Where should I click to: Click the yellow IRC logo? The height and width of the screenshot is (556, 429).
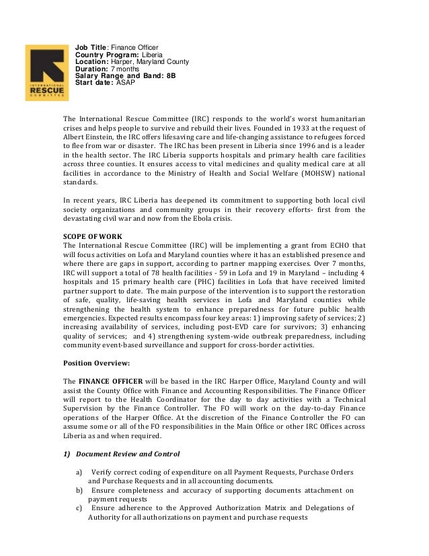click(x=45, y=73)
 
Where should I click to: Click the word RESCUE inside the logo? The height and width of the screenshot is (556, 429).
click(x=45, y=90)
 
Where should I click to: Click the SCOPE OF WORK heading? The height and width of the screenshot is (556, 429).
click(x=92, y=236)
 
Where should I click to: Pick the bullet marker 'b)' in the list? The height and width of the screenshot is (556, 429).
click(x=80, y=491)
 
